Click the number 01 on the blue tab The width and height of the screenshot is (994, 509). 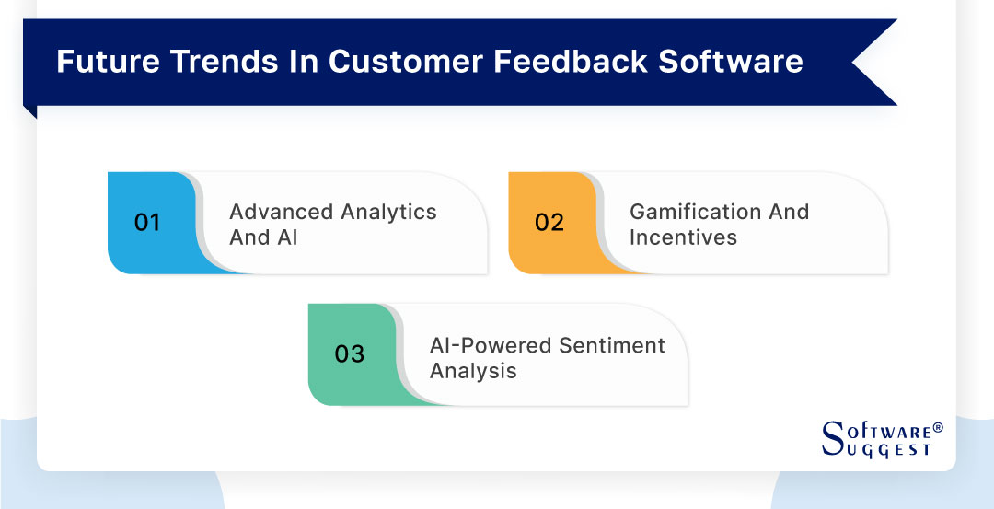(x=147, y=223)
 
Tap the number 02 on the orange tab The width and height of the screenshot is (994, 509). (x=549, y=223)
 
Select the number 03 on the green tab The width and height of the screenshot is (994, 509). (x=349, y=354)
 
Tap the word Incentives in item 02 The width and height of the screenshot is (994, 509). (x=683, y=237)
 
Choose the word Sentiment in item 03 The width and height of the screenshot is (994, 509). (x=611, y=345)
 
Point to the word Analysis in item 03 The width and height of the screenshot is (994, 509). (x=473, y=371)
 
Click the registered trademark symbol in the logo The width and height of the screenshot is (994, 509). (x=938, y=428)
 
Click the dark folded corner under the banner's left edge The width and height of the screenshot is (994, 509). (x=29, y=111)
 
